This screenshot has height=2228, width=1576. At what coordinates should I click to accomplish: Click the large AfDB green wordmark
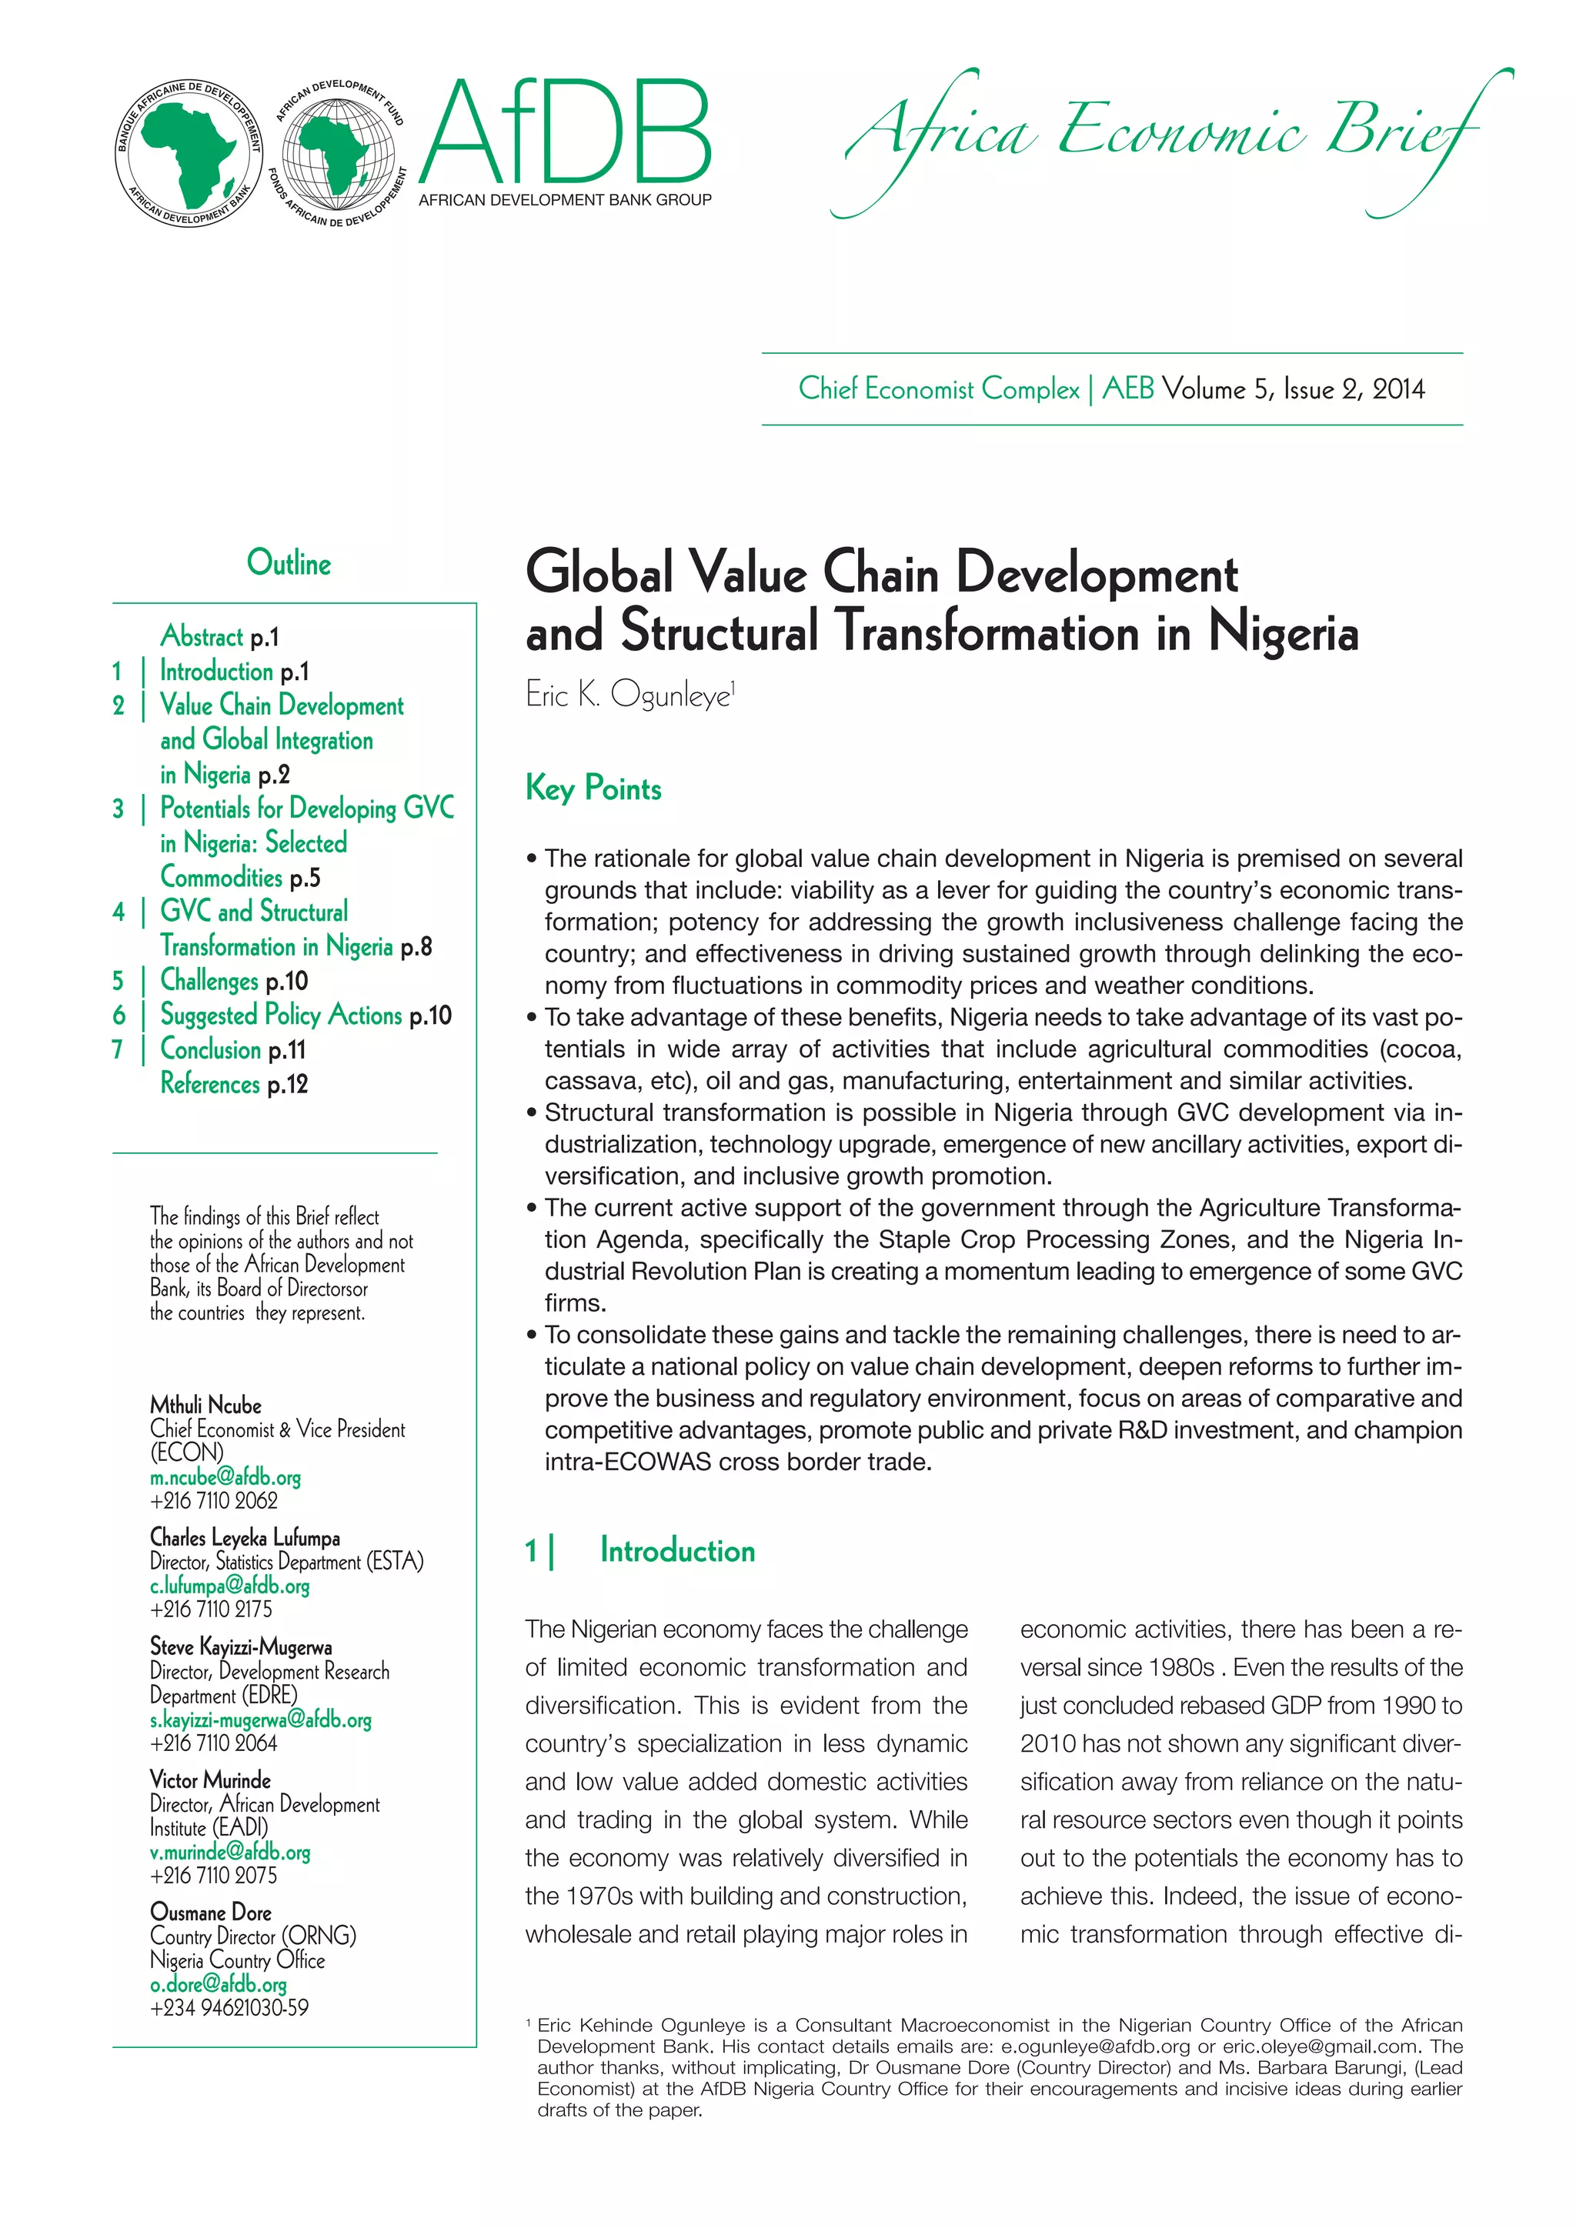pos(566,134)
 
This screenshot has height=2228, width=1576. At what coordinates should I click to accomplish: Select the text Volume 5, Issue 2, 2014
pos(1294,390)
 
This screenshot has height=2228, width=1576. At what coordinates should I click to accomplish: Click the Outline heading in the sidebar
pos(289,564)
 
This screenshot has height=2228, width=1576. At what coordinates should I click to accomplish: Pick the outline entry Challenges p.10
pos(234,981)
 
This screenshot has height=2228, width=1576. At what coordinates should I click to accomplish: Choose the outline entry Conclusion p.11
pos(233,1050)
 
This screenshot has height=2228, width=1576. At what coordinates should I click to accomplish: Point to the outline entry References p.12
pos(234,1084)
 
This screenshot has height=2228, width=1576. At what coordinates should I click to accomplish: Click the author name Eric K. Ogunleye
pos(628,695)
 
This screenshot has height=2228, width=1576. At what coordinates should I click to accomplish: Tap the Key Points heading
pos(593,788)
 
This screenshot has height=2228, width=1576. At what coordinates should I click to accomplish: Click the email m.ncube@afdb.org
pos(225,1478)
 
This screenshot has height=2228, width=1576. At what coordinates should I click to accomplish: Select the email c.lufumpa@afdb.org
pos(230,1586)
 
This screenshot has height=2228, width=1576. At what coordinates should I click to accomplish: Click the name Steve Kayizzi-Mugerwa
pos(241,1646)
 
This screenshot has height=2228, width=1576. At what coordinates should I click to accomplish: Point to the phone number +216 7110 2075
pos(213,1876)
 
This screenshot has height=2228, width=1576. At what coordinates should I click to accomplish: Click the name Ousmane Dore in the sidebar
pos(211,1913)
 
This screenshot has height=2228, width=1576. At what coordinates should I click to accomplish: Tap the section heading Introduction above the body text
pos(676,1551)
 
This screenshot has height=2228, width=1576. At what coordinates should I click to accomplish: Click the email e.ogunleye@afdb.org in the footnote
pos(1095,2046)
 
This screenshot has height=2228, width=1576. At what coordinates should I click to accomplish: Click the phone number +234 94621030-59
pos(229,2008)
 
